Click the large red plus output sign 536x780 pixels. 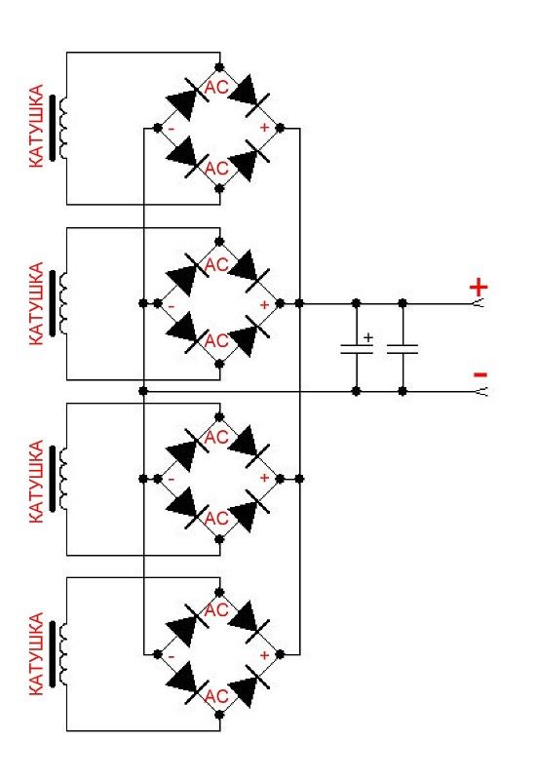(x=479, y=287)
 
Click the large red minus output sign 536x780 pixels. (x=480, y=374)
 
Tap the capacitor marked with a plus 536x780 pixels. (x=357, y=349)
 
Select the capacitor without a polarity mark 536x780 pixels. (x=402, y=349)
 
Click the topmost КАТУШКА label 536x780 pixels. (x=36, y=127)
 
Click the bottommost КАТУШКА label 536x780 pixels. (x=36, y=653)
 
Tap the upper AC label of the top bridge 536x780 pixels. (x=216, y=88)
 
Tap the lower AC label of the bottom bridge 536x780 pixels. (x=216, y=695)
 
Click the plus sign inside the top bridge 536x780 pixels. (x=264, y=128)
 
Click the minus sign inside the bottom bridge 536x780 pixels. (x=172, y=656)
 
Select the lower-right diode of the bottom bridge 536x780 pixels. (x=249, y=685)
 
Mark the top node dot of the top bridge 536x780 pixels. (x=219, y=66)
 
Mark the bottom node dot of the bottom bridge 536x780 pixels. (x=219, y=715)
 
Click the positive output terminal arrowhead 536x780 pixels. (x=479, y=303)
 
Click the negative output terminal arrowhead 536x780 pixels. (x=480, y=392)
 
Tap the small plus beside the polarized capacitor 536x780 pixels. (x=368, y=337)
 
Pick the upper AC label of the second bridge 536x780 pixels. (x=216, y=264)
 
